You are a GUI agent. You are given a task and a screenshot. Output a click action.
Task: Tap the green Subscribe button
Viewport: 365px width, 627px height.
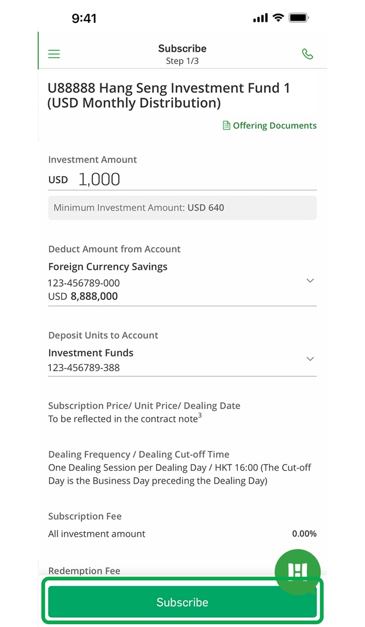182,602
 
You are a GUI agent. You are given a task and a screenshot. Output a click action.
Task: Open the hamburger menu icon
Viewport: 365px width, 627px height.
54,54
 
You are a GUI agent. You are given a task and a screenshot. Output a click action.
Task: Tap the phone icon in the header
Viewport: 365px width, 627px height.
307,54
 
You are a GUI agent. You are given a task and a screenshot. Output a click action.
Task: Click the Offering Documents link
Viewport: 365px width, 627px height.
270,125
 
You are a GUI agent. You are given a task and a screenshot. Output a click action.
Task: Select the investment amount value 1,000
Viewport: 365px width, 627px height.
99,180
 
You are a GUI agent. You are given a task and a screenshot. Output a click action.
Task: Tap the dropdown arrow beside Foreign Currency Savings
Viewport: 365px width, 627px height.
310,280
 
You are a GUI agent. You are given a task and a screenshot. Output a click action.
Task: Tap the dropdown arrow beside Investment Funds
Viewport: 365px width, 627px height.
310,359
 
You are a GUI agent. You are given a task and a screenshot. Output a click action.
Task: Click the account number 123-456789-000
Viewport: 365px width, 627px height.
84,283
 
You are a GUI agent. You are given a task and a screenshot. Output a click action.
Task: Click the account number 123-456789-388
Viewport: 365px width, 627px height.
84,368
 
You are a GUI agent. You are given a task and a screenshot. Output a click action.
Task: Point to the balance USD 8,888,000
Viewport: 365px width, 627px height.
83,296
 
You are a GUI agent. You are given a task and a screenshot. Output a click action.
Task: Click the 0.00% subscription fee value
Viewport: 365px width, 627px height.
304,534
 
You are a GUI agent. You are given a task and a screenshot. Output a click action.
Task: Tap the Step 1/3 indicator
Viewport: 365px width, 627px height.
182,61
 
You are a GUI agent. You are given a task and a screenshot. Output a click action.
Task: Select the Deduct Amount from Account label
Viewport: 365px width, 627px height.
114,249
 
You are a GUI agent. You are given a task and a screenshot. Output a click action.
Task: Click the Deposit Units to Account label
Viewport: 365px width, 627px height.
103,335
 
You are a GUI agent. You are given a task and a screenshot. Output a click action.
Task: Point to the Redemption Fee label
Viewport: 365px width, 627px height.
84,571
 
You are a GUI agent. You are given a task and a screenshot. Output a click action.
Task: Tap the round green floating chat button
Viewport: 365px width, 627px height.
298,571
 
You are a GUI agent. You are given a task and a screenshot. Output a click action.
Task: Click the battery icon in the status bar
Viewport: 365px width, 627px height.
299,18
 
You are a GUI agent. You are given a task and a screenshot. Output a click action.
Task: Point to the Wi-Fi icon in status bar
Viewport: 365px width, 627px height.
278,18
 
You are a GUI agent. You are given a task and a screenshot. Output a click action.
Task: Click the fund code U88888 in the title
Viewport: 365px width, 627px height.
71,88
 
